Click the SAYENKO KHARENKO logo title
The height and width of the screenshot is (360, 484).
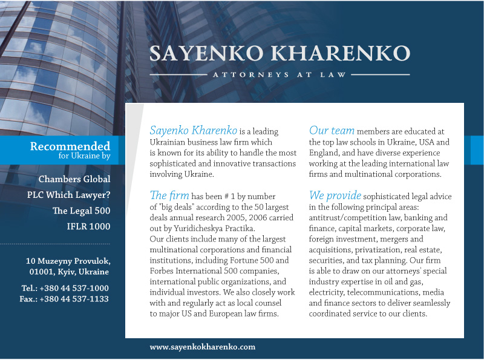click(x=280, y=53)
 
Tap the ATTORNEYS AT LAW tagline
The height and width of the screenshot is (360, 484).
click(x=280, y=75)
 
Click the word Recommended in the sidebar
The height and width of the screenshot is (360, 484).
click(x=70, y=146)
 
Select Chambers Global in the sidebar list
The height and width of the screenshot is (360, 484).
click(x=74, y=179)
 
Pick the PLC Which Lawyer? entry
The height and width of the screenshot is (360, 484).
click(x=69, y=195)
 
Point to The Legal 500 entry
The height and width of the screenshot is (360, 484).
click(x=81, y=211)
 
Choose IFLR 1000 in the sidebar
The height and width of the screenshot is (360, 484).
click(x=88, y=226)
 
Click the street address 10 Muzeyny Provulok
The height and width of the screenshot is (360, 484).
click(x=68, y=261)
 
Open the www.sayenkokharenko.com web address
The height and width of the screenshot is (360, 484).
click(x=203, y=347)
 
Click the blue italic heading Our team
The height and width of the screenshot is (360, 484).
click(x=332, y=131)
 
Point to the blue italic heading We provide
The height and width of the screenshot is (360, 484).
click(x=335, y=196)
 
